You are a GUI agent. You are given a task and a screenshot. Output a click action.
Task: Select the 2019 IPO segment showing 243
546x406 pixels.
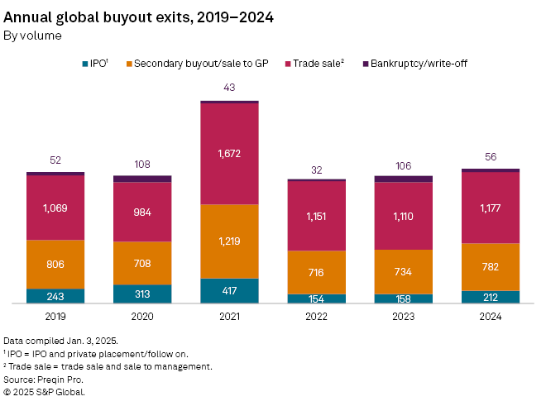55,296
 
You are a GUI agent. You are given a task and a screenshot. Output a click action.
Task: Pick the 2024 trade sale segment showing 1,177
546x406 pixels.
491,208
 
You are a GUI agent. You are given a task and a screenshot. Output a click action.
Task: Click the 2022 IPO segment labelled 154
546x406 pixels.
316,299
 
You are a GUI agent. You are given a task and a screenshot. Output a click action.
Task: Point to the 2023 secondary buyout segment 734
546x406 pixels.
404,271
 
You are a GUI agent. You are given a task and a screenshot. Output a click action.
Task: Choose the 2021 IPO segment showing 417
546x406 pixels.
229,291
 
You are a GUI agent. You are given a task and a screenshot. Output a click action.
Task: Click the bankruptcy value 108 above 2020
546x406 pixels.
142,165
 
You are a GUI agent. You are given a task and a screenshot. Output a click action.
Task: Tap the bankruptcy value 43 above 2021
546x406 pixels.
229,88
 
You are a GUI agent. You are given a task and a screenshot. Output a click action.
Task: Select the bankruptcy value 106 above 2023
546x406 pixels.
404,165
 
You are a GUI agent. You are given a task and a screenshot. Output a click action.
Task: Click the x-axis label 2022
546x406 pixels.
316,315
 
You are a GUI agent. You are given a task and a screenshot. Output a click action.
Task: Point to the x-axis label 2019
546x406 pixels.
55,315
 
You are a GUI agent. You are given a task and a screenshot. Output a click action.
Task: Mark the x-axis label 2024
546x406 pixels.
491,315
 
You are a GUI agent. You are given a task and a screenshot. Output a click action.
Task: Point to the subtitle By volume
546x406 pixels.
33,36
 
